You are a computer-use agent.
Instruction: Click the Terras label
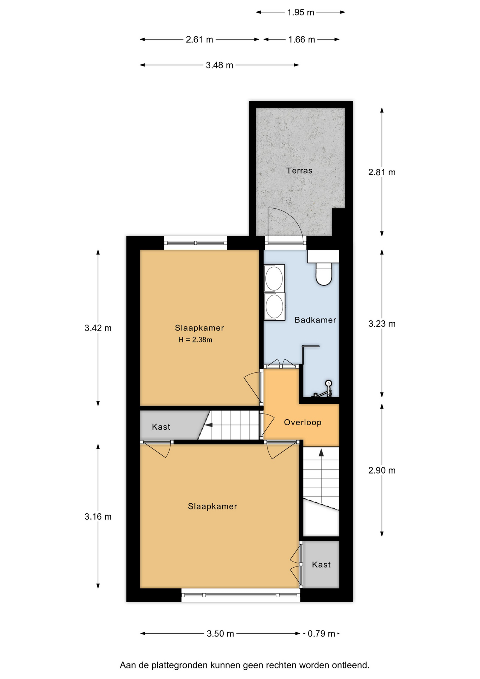(299, 170)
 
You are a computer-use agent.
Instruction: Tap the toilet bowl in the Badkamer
(324, 274)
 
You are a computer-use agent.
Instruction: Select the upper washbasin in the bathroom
(274, 278)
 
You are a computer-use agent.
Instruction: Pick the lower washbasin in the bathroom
(274, 307)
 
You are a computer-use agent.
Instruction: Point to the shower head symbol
(328, 383)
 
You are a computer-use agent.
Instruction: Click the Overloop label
(303, 422)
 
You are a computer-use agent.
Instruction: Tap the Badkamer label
(315, 320)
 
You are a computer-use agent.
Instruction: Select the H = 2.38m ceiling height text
(195, 340)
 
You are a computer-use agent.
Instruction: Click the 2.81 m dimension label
(382, 172)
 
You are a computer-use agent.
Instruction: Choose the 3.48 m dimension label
(219, 65)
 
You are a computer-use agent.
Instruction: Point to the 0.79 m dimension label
(321, 633)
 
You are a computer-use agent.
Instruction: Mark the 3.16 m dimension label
(98, 517)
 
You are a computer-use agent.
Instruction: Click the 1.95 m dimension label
(300, 12)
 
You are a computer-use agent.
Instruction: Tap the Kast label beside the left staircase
(161, 427)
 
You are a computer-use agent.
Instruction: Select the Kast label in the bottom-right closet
(321, 565)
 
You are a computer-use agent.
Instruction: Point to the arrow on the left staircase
(209, 425)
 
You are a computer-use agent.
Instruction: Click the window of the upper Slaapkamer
(195, 243)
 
